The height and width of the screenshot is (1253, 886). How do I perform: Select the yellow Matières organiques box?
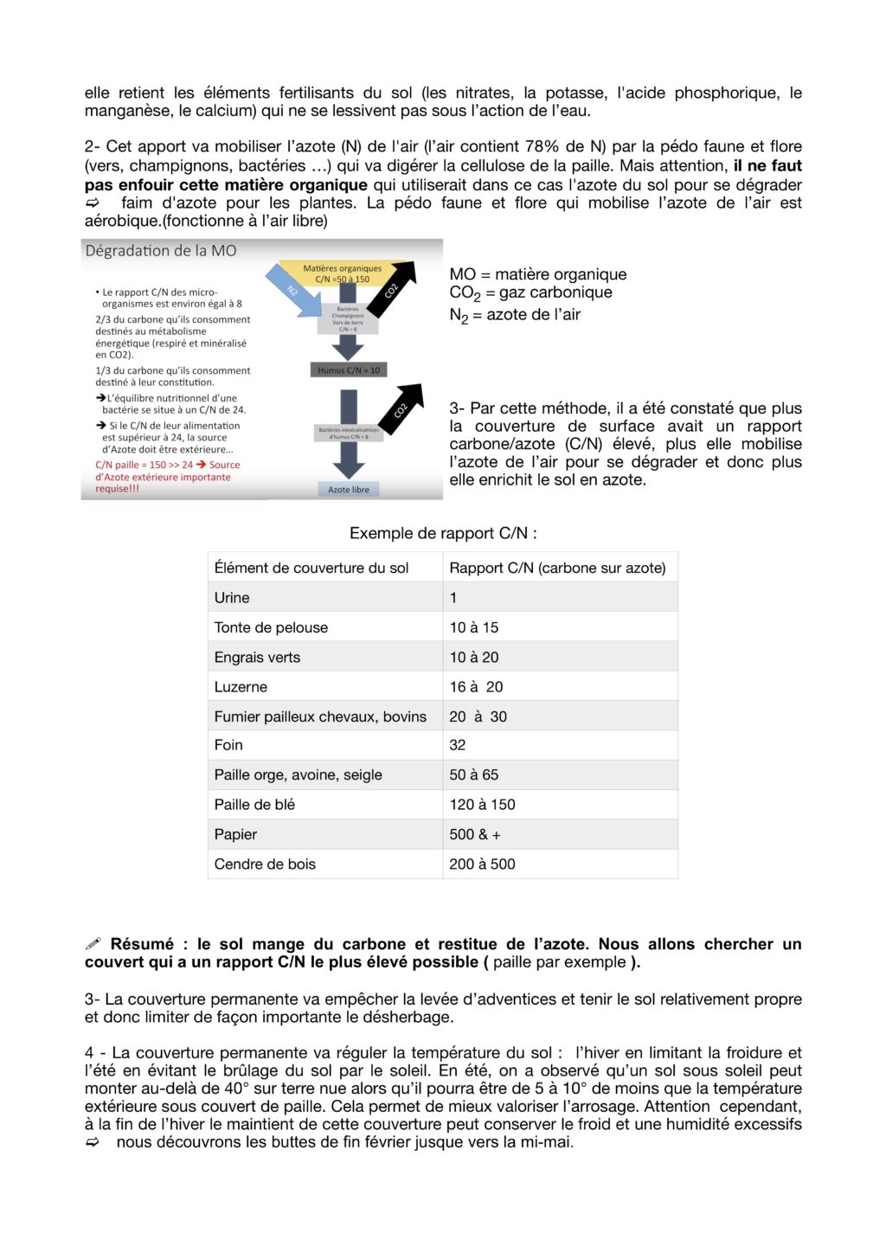point(342,273)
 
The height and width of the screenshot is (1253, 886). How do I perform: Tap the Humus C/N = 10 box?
point(348,370)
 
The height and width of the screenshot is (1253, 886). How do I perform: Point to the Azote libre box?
point(348,490)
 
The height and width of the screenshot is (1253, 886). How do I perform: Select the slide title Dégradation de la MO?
point(161,251)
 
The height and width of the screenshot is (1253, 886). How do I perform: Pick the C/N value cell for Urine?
point(453,598)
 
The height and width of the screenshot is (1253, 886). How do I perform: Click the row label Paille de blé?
point(254,805)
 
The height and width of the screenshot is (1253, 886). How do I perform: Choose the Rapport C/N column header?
point(557,568)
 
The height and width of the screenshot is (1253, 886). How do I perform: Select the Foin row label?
point(228,745)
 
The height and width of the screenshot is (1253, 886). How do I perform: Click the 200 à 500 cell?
point(482,864)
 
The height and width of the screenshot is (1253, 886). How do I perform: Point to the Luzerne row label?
point(241,687)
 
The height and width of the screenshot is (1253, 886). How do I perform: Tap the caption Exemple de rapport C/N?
point(443,533)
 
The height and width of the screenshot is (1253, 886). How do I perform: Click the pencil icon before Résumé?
point(93,944)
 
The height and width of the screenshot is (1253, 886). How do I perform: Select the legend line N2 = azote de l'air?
point(515,315)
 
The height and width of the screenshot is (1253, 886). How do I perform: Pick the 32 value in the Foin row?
point(458,745)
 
